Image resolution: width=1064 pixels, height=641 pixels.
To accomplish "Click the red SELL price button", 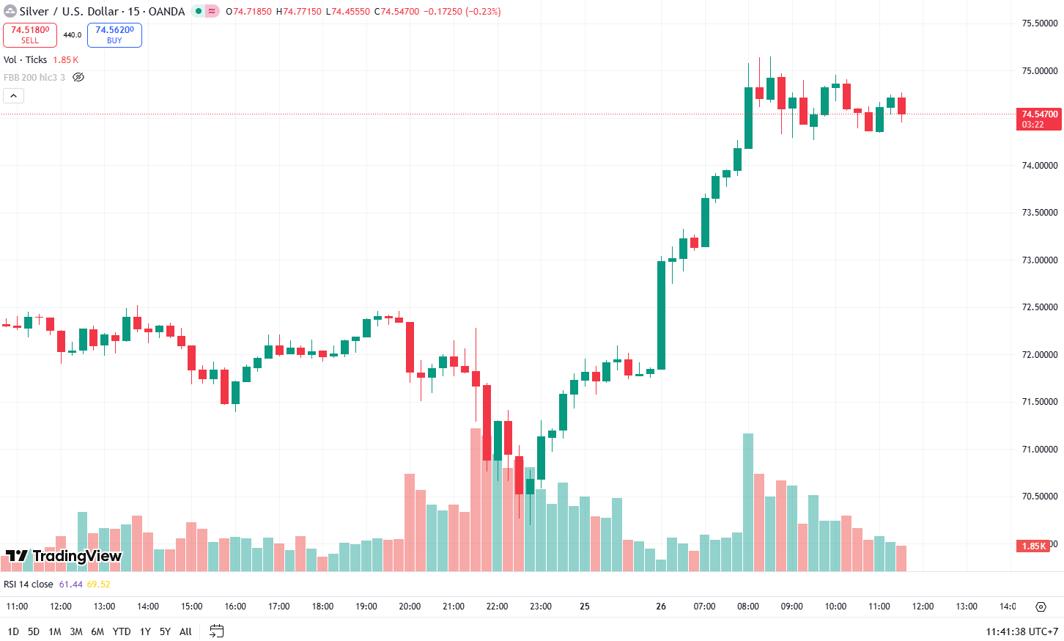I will [x=30, y=34].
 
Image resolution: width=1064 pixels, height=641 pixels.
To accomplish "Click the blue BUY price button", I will [x=114, y=34].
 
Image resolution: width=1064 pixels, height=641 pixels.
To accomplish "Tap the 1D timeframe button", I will [x=13, y=631].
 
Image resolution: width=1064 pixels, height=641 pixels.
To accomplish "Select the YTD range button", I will [x=122, y=631].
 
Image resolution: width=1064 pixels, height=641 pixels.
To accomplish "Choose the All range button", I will [x=185, y=631].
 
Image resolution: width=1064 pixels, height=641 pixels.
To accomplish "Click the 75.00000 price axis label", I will [x=1039, y=71].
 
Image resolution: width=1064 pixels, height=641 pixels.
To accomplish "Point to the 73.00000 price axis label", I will [x=1039, y=260].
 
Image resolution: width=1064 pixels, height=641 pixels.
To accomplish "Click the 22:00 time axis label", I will [x=497, y=607].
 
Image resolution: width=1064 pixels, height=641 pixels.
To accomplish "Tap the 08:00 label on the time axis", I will [x=748, y=607].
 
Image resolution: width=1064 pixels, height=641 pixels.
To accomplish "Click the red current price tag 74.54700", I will [x=1040, y=119].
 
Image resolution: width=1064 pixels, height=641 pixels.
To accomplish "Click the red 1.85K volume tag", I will [x=1034, y=546].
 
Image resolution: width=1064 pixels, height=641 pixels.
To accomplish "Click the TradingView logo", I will [x=63, y=556].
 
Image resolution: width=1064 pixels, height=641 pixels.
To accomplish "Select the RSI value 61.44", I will [x=71, y=585].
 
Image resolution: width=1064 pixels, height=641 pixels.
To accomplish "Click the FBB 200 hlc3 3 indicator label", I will [x=34, y=77].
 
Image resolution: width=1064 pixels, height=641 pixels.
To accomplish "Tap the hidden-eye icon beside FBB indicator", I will [x=78, y=77].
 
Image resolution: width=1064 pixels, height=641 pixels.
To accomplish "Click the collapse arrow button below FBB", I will [x=14, y=95].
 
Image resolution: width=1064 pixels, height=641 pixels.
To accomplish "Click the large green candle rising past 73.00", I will [x=662, y=315].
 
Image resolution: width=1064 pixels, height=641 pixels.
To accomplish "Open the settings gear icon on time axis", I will [x=1041, y=607].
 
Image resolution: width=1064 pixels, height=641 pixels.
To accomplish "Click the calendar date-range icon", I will [x=216, y=631].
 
